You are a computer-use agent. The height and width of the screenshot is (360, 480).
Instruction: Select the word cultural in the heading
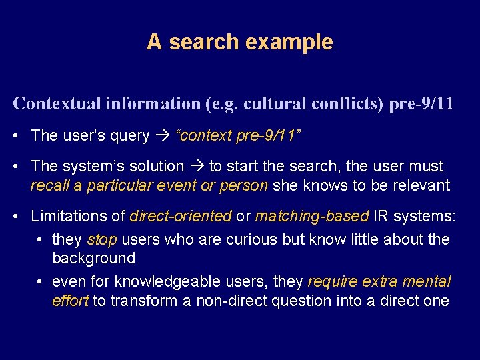pyautogui.click(x=271, y=104)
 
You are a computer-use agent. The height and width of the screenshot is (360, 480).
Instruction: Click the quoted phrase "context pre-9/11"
pyautogui.click(x=237, y=136)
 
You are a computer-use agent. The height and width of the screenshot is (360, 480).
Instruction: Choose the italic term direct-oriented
pyautogui.click(x=181, y=216)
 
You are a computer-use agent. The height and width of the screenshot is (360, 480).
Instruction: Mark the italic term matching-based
pyautogui.click(x=311, y=216)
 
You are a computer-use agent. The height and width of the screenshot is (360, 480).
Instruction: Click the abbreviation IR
pyautogui.click(x=379, y=216)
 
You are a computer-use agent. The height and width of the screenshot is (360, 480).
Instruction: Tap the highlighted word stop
pyautogui.click(x=101, y=239)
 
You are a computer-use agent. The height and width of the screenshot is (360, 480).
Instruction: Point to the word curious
pyautogui.click(x=225, y=239)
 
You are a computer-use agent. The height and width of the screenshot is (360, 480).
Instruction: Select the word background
pyautogui.click(x=93, y=258)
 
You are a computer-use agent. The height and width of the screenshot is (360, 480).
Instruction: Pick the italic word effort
pyautogui.click(x=70, y=301)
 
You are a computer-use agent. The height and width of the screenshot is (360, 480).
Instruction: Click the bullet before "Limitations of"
pyautogui.click(x=16, y=217)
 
